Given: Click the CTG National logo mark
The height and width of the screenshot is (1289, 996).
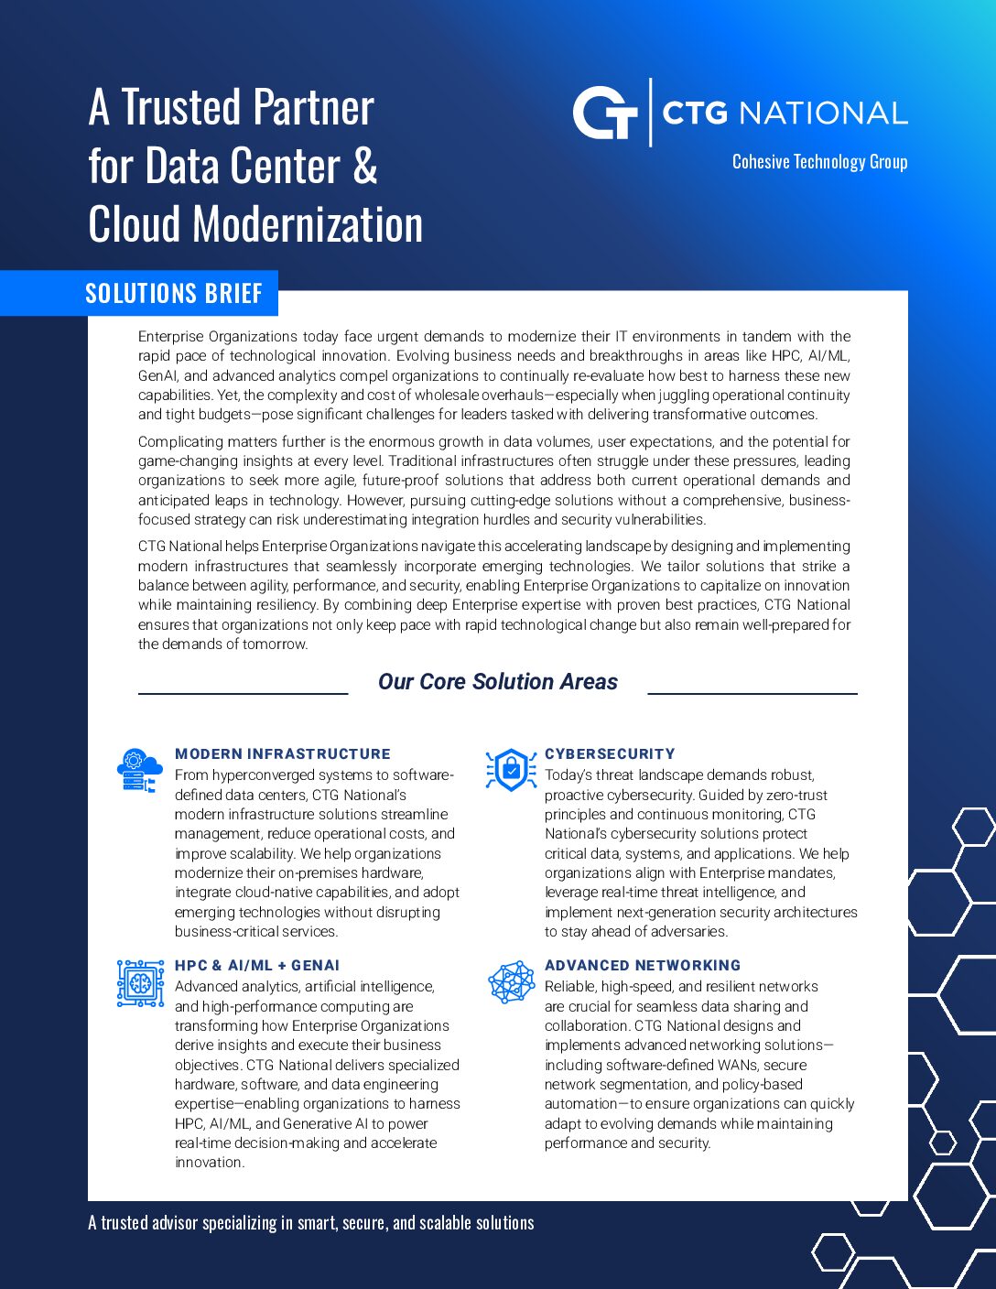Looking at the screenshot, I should pyautogui.click(x=605, y=113).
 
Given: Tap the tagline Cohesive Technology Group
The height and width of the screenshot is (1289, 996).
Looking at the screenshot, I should pyautogui.click(x=819, y=162).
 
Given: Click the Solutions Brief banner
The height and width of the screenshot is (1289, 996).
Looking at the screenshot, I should pyautogui.click(x=173, y=293).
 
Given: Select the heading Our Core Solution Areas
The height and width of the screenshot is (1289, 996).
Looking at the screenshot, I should pyautogui.click(x=497, y=682).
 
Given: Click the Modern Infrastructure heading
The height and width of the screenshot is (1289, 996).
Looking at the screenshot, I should pyautogui.click(x=282, y=754).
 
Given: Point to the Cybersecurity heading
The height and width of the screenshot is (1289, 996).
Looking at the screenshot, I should pyautogui.click(x=610, y=754).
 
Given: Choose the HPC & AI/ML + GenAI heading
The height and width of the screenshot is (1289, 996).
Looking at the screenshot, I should pyautogui.click(x=257, y=966).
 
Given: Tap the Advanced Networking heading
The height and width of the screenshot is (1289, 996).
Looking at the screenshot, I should pyautogui.click(x=643, y=966).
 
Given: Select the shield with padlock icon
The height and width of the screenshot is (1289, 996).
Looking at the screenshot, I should pyautogui.click(x=511, y=770).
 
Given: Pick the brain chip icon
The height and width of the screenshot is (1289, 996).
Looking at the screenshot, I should pyautogui.click(x=140, y=982).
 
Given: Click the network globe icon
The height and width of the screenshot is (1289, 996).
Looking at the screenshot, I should pyautogui.click(x=511, y=982).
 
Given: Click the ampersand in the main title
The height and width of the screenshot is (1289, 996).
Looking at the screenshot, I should pyautogui.click(x=364, y=167).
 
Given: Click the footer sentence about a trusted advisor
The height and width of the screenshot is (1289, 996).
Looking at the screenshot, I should pyautogui.click(x=311, y=1223).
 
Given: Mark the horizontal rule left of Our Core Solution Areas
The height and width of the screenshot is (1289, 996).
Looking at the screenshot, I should pyautogui.click(x=243, y=694).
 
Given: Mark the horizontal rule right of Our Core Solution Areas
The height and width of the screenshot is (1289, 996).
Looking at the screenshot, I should pyautogui.click(x=752, y=694).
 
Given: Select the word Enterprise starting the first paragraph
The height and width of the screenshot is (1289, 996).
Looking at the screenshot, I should pyautogui.click(x=170, y=337).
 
